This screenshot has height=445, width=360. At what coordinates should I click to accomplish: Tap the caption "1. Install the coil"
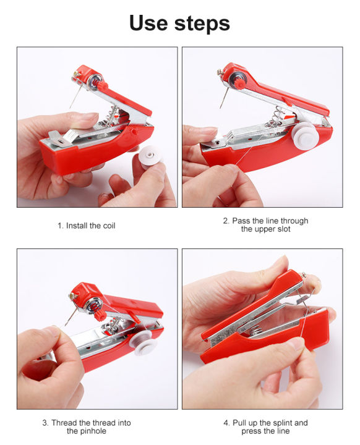[87, 226]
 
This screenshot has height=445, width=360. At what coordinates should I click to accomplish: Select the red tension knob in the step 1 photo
[101, 84]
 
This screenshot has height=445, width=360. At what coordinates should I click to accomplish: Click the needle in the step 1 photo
[74, 98]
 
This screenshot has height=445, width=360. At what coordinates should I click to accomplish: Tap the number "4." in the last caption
[227, 423]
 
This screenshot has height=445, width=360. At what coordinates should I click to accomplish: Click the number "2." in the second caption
[227, 221]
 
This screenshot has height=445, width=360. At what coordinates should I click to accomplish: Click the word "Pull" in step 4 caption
[241, 423]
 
